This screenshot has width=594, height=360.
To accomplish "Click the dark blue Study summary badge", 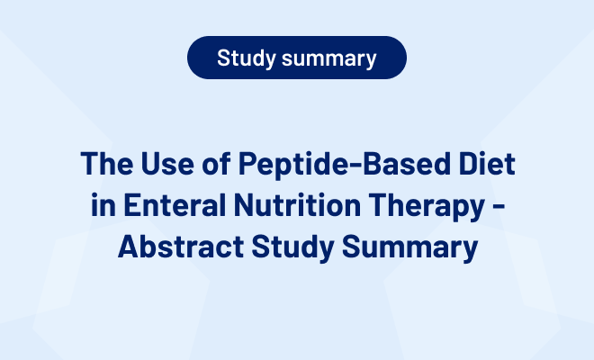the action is (297, 58).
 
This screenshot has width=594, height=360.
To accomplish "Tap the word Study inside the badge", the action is (247, 58).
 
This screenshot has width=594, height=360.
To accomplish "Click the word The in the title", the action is (107, 163).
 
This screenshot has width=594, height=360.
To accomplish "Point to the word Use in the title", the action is (167, 163).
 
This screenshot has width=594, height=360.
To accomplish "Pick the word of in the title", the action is (216, 163).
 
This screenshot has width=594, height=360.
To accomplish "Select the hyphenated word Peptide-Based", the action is (345, 165).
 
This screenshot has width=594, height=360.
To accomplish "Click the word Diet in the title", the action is (487, 163).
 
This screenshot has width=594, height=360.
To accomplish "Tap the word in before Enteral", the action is (103, 204).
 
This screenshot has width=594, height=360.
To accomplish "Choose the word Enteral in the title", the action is (175, 204).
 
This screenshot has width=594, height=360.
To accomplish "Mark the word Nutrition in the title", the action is (297, 204).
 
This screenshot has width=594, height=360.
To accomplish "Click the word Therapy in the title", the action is (427, 206).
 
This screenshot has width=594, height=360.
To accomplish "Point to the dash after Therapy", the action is (499, 206).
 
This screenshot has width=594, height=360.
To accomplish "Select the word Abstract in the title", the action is (181, 247).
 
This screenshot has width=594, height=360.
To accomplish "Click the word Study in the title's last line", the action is (292, 248).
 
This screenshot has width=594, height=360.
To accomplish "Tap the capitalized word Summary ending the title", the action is (409, 248).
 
